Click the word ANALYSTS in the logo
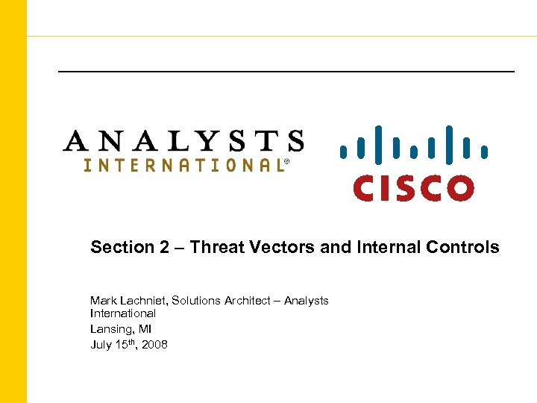tap(183, 142)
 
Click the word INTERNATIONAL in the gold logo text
tap(182, 166)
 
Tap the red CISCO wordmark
tap(413, 187)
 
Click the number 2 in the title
tap(164, 247)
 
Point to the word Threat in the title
tap(216, 247)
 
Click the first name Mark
tap(103, 300)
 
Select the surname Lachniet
tap(144, 300)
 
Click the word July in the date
tap(101, 344)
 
